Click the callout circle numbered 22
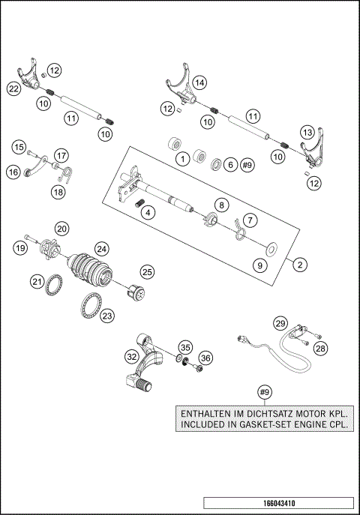(13, 88)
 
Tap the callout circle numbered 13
(307, 131)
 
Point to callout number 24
(100, 248)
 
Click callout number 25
(147, 271)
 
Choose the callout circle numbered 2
(299, 264)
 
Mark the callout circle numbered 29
(280, 323)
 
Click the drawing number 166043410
(277, 502)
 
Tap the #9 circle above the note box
(263, 391)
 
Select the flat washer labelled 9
(270, 244)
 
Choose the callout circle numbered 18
(58, 193)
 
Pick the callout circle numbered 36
(205, 358)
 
